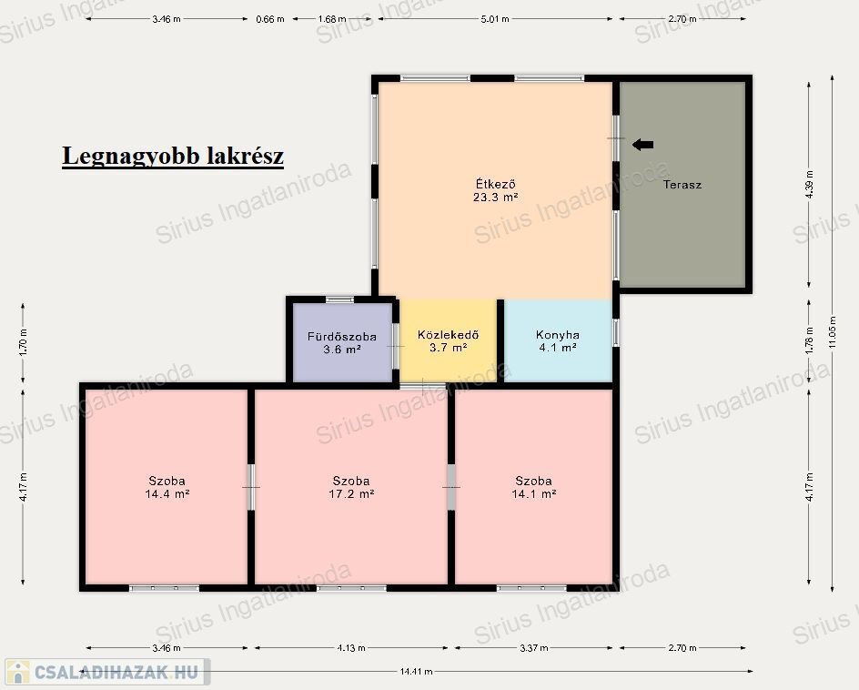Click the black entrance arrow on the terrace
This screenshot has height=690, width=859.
pyautogui.click(x=642, y=145)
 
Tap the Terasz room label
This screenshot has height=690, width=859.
pyautogui.click(x=682, y=185)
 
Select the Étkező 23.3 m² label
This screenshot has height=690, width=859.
pyautogui.click(x=495, y=190)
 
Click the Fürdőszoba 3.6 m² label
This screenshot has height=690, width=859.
pyautogui.click(x=342, y=342)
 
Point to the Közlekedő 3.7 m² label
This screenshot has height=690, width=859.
pyautogui.click(x=448, y=340)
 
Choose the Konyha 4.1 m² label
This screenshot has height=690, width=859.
pyautogui.click(x=558, y=340)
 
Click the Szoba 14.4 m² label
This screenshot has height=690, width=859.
pyautogui.click(x=167, y=487)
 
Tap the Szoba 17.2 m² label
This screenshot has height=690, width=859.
pyautogui.click(x=351, y=487)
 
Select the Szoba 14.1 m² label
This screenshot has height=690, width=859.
pyautogui.click(x=534, y=487)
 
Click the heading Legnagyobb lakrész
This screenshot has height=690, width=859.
pyautogui.click(x=173, y=156)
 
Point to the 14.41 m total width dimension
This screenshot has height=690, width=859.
pyautogui.click(x=416, y=671)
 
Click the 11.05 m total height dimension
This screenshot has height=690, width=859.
pyautogui.click(x=832, y=332)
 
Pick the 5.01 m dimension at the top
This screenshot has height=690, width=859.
pyautogui.click(x=495, y=18)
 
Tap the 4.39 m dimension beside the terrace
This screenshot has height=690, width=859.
pyautogui.click(x=810, y=185)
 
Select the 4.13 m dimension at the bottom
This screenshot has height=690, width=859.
pyautogui.click(x=351, y=648)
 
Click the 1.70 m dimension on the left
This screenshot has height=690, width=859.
pyautogui.click(x=23, y=342)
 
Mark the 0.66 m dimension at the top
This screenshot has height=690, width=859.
pyautogui.click(x=270, y=18)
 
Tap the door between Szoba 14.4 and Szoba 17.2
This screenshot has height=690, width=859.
pyautogui.click(x=251, y=487)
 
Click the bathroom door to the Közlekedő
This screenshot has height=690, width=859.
pyautogui.click(x=396, y=347)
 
